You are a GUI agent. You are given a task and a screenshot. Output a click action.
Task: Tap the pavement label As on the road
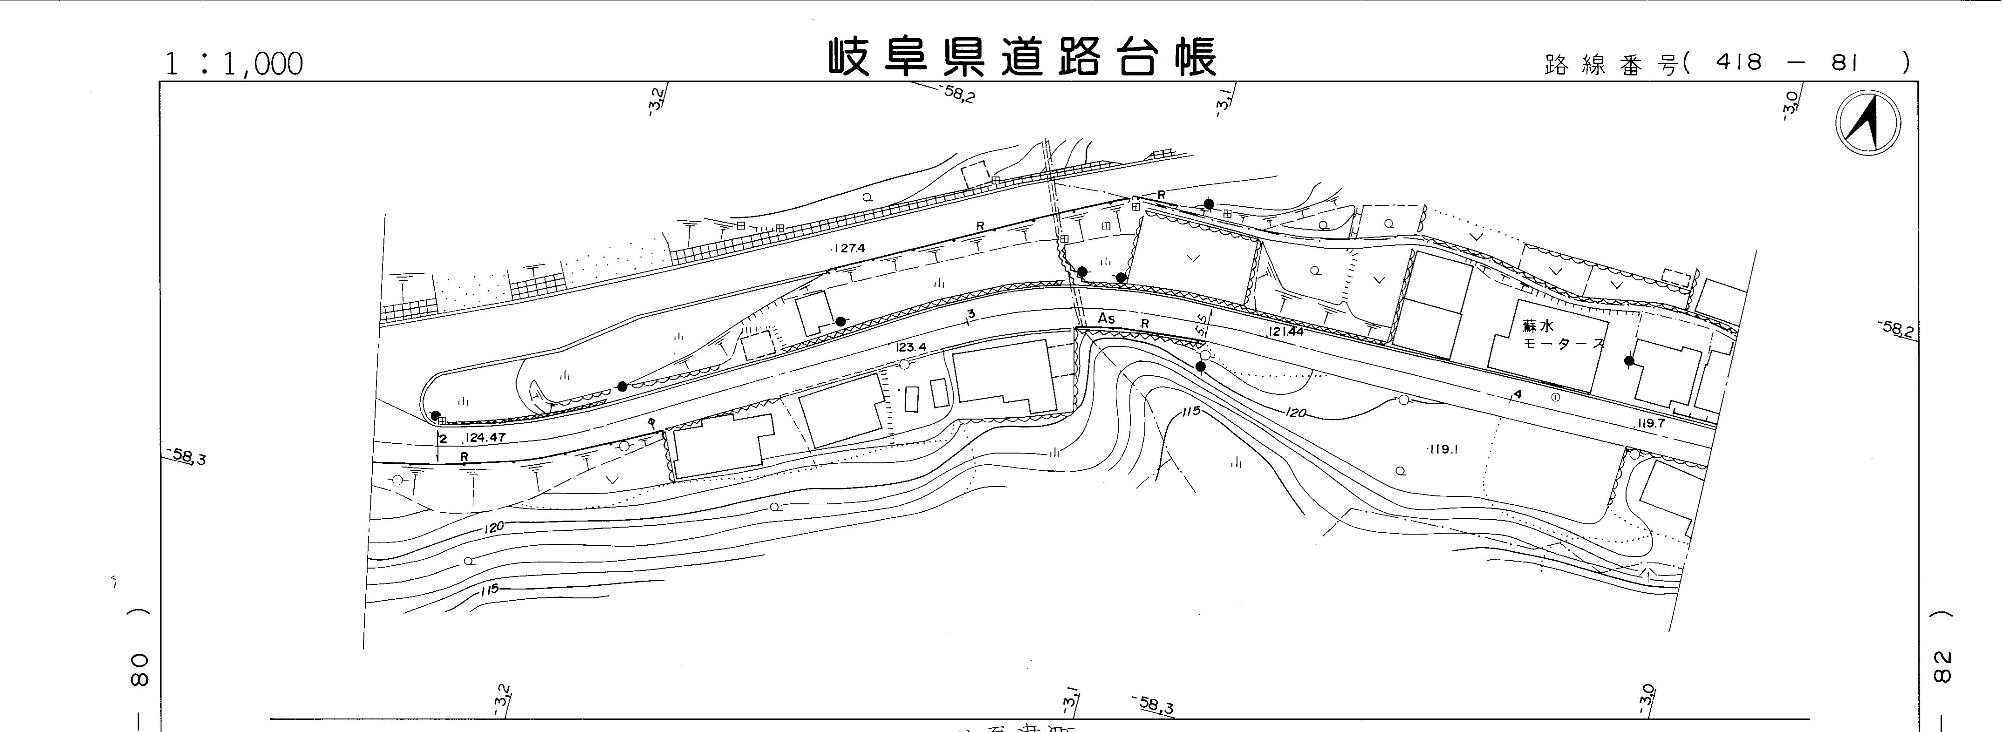tap(1106, 319)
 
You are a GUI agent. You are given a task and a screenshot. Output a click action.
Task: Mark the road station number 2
tap(443, 439)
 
